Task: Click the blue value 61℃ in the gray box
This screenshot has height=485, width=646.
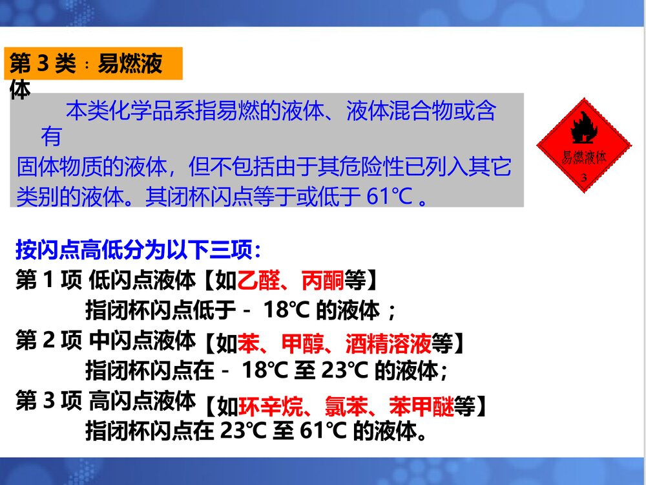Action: point(390,196)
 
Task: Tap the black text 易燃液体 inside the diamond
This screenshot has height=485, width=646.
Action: point(584,158)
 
